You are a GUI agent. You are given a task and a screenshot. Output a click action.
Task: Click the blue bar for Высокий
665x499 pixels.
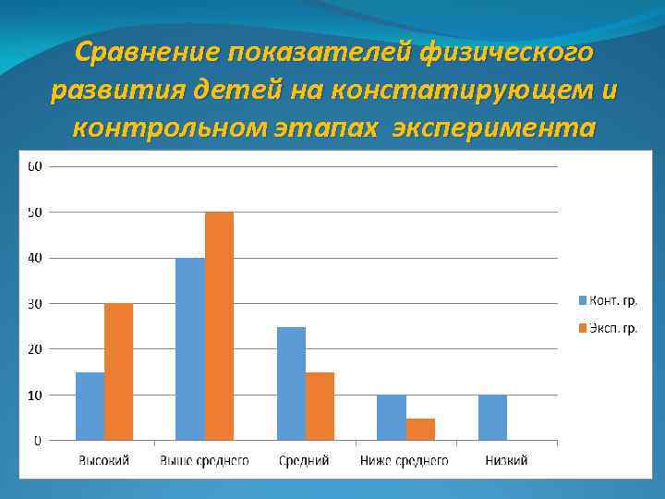coord(90,406)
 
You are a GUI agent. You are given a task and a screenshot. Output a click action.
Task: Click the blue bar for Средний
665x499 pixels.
coord(291,383)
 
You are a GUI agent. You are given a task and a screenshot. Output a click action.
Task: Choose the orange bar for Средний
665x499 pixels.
coord(320,406)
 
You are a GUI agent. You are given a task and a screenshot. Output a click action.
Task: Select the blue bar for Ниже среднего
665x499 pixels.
coord(391,418)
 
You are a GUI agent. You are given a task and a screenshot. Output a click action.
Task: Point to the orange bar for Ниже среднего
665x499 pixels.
coord(420,429)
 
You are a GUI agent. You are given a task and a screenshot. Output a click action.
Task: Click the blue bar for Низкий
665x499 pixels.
coord(492,418)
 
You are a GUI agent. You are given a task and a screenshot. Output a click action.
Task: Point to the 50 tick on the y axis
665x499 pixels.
coord(34,213)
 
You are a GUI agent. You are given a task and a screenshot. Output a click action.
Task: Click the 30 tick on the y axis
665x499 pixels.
coord(34,303)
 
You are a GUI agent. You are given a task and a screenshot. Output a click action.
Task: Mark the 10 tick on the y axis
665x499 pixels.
coord(34,395)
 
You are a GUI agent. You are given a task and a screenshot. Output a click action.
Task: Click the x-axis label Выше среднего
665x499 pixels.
coord(204,459)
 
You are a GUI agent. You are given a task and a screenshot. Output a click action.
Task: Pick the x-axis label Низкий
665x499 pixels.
coord(506,459)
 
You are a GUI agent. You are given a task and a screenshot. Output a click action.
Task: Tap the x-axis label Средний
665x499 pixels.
coord(305,459)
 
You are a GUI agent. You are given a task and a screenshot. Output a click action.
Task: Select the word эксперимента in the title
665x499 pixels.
coord(493,128)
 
